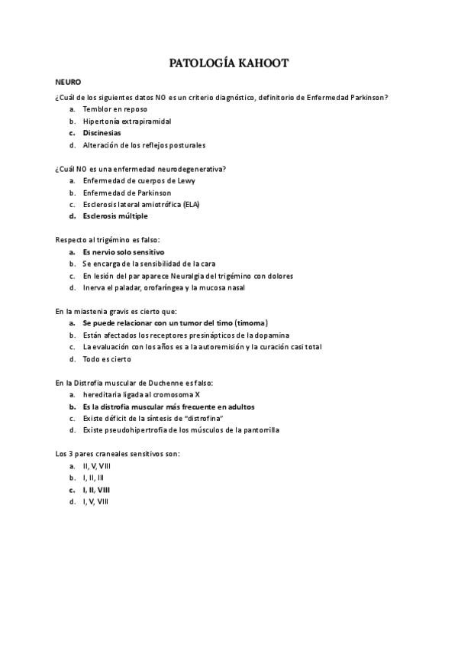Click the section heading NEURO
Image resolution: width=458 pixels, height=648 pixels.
coord(68,81)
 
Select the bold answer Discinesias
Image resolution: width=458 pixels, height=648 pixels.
coord(102,133)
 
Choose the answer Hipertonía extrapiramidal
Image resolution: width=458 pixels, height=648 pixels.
coord(127,121)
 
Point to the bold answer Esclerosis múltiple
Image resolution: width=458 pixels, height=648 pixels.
coord(115,215)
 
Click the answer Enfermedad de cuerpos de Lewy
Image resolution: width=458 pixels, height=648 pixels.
coord(138,180)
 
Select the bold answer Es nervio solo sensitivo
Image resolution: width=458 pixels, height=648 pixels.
coord(123,251)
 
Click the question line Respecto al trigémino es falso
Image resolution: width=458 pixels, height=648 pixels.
coord(108,239)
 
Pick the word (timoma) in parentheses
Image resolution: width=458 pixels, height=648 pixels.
coord(251,323)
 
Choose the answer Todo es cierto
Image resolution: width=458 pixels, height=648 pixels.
coord(107,359)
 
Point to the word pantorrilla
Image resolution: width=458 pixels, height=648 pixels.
coord(258,430)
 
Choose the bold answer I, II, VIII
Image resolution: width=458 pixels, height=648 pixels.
coord(96,489)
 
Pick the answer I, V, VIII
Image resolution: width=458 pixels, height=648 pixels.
coord(95,501)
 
